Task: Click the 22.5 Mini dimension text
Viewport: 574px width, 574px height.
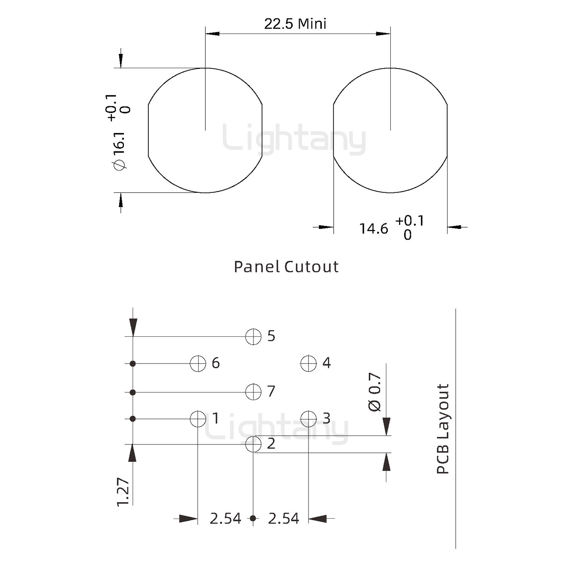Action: coord(295,24)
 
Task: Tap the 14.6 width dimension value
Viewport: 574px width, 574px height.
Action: coord(373,229)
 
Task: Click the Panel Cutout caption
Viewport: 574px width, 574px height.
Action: coord(286,267)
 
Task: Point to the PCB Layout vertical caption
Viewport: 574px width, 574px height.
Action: coord(443,429)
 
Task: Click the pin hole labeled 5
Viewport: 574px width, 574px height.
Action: coord(253,336)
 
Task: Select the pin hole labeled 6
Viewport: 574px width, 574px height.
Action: coord(198,363)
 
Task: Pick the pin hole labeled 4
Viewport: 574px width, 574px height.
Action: coord(308,363)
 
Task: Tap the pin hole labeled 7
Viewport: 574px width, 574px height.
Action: coord(253,392)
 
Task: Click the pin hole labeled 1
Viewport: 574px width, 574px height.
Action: coord(198,419)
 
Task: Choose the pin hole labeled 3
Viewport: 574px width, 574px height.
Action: coord(308,419)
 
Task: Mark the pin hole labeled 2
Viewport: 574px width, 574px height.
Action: coord(253,444)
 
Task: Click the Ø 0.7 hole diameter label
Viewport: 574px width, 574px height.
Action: coord(375,392)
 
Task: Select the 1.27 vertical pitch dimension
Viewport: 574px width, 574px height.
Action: coord(123,492)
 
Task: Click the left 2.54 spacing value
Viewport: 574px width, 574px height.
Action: coord(225,519)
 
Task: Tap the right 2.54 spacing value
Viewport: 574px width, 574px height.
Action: coord(283,519)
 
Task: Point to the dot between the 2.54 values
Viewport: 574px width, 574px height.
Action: coord(253,519)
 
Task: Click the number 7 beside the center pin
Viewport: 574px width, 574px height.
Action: coord(271,391)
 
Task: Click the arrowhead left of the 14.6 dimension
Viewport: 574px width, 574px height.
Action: coord(325,227)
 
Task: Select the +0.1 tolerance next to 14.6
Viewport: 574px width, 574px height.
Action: coord(409,220)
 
